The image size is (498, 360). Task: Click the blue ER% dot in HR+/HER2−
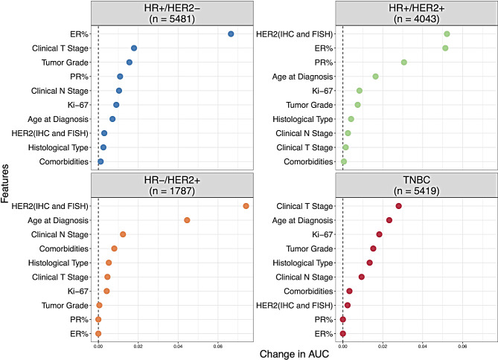[231, 34]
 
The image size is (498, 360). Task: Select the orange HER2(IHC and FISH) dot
[246, 206]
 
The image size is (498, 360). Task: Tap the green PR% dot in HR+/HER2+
[404, 62]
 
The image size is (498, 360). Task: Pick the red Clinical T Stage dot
[398, 206]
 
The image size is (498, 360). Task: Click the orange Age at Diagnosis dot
[187, 220]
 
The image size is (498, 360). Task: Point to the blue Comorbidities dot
[100, 161]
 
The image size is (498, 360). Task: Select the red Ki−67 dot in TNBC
[379, 234]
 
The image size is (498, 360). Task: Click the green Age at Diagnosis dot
[375, 77]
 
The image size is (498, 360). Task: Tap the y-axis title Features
[4, 184]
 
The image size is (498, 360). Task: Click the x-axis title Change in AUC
[294, 354]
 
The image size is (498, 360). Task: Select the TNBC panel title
[416, 180]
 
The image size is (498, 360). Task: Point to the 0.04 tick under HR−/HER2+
[178, 347]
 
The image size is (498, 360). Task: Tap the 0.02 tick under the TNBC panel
[383, 347]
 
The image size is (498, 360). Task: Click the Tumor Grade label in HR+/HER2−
[65, 62]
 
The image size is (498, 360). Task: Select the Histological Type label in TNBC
[303, 263]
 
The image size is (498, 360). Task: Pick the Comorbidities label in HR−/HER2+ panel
[64, 248]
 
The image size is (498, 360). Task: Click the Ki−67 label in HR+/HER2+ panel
[322, 91]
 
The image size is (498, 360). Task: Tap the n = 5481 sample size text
[172, 19]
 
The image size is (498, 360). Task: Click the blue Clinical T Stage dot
[134, 48]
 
